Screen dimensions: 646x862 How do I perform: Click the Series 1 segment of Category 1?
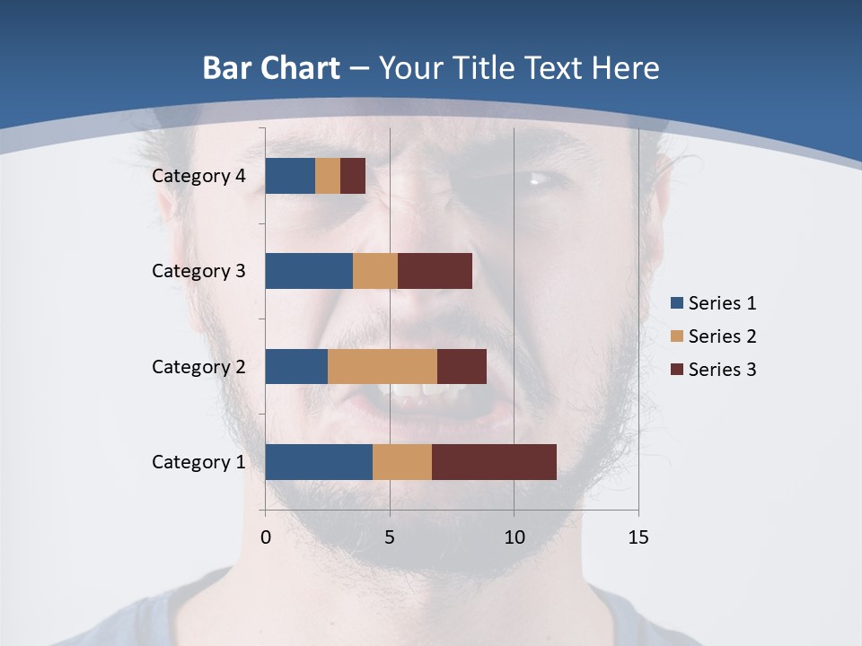tap(319, 462)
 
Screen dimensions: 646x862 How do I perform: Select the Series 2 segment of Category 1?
tap(402, 462)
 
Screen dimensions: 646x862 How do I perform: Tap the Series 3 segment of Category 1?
tap(494, 462)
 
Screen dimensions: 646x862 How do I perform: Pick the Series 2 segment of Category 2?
tap(383, 366)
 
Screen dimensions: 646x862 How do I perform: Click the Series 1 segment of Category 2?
tap(296, 366)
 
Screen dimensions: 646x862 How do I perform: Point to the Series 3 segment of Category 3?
tap(435, 271)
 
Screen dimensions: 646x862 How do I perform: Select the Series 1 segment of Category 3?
tap(309, 271)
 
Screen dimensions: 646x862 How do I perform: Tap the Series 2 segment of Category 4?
tap(328, 176)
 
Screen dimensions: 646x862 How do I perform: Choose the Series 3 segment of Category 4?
tap(353, 176)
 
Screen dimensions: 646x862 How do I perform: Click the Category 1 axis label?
tap(198, 462)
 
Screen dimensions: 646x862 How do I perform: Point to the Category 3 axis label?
tap(198, 271)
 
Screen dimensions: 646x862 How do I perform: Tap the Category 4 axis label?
tap(198, 176)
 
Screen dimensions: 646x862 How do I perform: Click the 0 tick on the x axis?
tap(266, 537)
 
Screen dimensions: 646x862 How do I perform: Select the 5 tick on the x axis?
tap(390, 537)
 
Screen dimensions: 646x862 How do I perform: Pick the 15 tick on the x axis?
tap(638, 537)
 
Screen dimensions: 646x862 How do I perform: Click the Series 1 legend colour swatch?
tap(676, 303)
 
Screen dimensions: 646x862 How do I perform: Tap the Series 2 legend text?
tap(722, 336)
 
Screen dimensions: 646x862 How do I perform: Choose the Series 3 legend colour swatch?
tap(676, 370)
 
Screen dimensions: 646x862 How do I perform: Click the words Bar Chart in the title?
tap(271, 68)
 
